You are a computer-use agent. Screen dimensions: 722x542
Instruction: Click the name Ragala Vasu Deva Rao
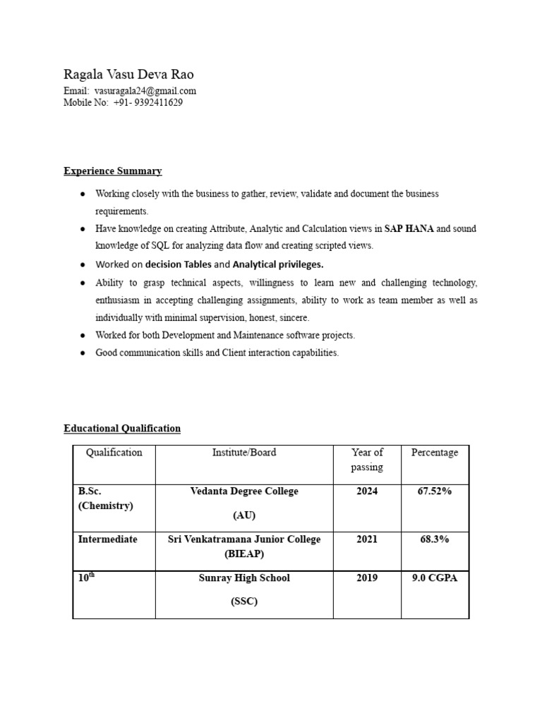pyautogui.click(x=128, y=75)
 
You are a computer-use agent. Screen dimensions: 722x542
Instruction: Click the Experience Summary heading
pyautogui.click(x=113, y=171)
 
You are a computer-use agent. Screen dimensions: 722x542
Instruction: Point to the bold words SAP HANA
pyautogui.click(x=409, y=228)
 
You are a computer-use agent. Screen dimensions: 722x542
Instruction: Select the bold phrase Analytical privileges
pyautogui.click(x=278, y=264)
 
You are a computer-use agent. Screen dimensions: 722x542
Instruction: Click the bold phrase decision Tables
pyautogui.click(x=178, y=264)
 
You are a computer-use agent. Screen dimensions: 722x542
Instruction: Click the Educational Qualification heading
pyautogui.click(x=122, y=428)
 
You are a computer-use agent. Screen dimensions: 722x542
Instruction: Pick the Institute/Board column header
pyautogui.click(x=244, y=453)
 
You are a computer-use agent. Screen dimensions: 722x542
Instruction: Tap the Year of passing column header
pyautogui.click(x=367, y=460)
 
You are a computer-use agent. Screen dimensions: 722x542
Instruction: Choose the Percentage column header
pyautogui.click(x=435, y=453)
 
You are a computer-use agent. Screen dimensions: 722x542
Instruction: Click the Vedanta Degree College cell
pyautogui.click(x=244, y=491)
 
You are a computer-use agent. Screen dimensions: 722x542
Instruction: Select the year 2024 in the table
pyautogui.click(x=367, y=491)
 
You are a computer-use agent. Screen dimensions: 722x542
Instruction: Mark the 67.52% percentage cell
pyautogui.click(x=435, y=491)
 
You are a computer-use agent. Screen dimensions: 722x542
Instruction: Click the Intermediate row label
pyautogui.click(x=107, y=539)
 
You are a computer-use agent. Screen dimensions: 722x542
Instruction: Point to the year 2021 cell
pyautogui.click(x=367, y=539)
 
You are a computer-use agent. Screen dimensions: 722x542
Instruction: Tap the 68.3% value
pyautogui.click(x=435, y=539)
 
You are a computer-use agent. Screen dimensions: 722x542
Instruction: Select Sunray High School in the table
pyautogui.click(x=244, y=578)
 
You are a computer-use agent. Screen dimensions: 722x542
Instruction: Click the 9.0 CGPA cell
pyautogui.click(x=435, y=578)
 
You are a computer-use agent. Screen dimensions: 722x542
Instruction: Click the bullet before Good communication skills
pyautogui.click(x=83, y=353)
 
